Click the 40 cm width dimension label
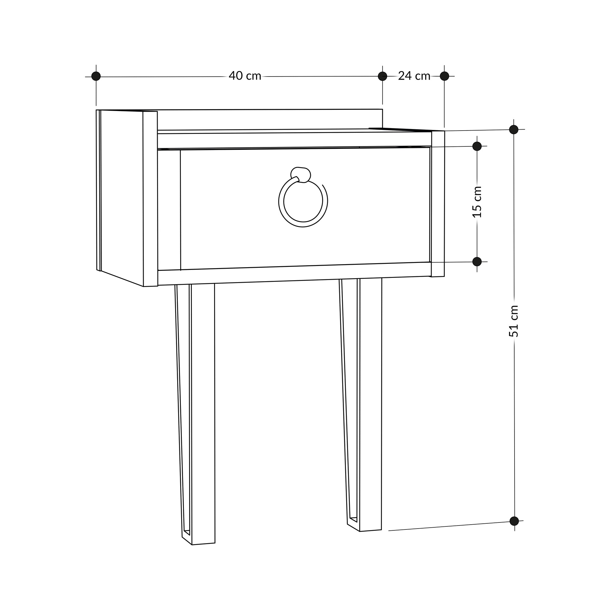click(x=245, y=76)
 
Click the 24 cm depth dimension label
click(x=414, y=76)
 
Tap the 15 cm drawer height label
click(x=477, y=202)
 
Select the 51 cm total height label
click(x=514, y=321)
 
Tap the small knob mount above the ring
click(x=301, y=174)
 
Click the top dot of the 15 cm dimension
click(x=477, y=146)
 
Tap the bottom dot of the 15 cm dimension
click(x=477, y=261)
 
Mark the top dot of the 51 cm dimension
click(x=514, y=129)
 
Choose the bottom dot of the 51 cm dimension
click(x=514, y=521)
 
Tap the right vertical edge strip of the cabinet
click(x=438, y=204)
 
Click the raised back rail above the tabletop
click(x=268, y=119)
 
